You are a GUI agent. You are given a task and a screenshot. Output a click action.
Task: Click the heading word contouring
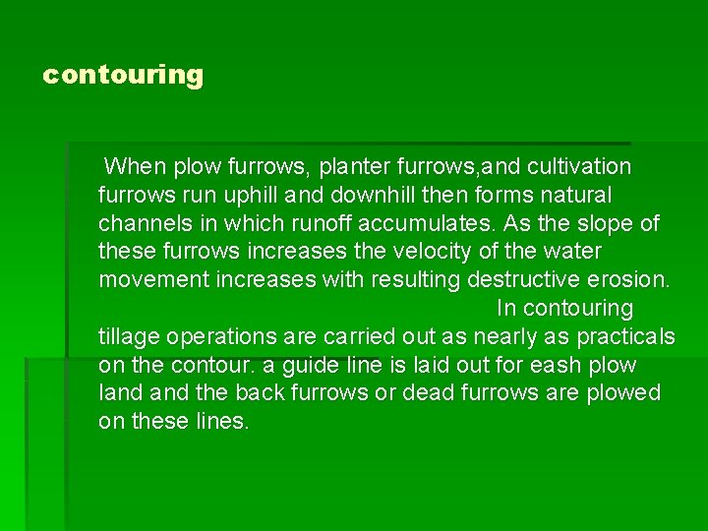pos(123,75)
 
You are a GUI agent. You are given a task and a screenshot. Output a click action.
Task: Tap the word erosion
pos(629,280)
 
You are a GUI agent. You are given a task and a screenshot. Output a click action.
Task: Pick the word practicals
pos(626,337)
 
